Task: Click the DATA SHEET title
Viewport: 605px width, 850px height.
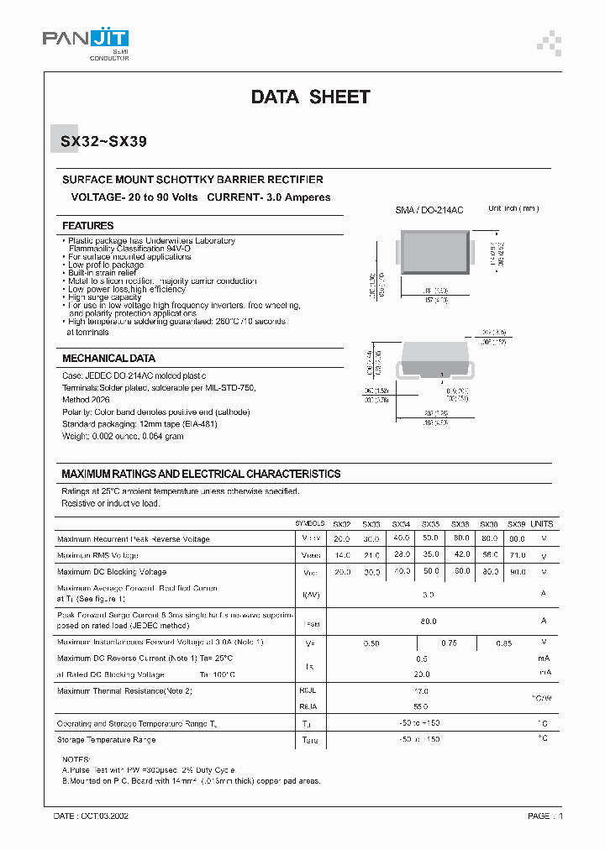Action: pos(310,97)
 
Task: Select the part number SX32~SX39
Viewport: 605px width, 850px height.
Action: pos(104,142)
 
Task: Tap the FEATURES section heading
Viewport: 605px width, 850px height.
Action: pos(88,226)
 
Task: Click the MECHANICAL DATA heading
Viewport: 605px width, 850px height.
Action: pos(108,358)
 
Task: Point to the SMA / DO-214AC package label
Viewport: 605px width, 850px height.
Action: pos(429,210)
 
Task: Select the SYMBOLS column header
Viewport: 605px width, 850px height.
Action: pos(309,522)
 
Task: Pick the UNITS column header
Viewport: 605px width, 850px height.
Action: pos(542,522)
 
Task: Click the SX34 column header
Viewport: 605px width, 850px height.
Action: pos(401,522)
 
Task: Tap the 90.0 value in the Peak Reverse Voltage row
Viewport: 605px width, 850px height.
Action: pos(517,539)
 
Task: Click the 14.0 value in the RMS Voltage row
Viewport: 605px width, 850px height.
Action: pos(342,555)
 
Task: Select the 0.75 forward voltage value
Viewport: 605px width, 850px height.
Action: pos(448,643)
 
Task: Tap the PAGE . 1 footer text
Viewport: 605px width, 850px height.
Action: pos(545,816)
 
